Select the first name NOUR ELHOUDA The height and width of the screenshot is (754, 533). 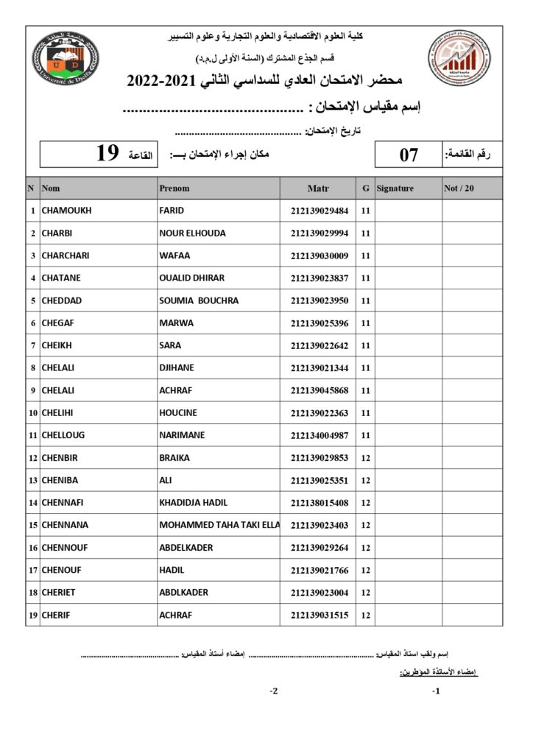pos(192,233)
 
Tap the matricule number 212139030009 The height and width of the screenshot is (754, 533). pos(319,256)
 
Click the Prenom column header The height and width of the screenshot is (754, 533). pos(174,188)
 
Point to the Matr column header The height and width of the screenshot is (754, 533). pos(318,188)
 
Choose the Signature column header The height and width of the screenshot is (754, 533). pos(395,188)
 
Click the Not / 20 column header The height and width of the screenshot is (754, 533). pos(459,188)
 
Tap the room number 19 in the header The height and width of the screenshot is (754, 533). pos(107,153)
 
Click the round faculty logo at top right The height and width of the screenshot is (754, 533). pos(459,55)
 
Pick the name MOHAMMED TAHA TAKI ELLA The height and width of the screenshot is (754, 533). pos(219,525)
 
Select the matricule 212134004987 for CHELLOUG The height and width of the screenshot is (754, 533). pos(319,435)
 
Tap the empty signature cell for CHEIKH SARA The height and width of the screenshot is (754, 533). pos(408,345)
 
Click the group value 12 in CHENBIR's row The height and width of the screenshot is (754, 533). pos(366,458)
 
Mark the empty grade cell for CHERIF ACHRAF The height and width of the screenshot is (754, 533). pos(472,615)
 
